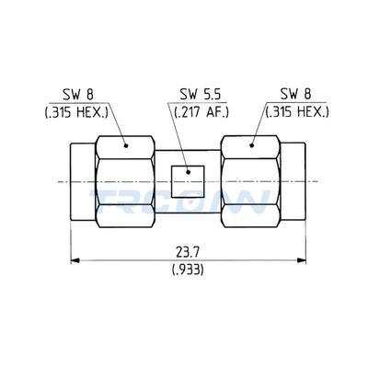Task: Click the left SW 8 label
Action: coord(78,95)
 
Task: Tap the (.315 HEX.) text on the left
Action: coord(78,112)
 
